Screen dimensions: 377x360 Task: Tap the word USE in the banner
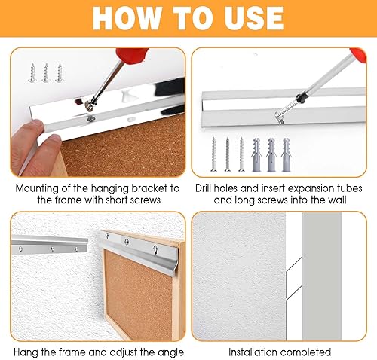coord(254,18)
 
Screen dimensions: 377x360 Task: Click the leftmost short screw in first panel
coord(32,72)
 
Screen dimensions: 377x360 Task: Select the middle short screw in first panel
coord(46,72)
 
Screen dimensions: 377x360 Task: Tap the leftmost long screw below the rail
coord(213,154)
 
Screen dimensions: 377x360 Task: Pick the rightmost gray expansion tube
coord(286,154)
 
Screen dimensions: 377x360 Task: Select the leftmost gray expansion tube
coord(256,154)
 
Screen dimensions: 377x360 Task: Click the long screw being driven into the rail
coord(285,111)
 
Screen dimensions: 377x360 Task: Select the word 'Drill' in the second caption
coord(204,188)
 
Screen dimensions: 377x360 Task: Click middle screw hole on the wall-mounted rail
coord(53,249)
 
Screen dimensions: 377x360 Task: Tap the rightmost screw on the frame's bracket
coord(156,250)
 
